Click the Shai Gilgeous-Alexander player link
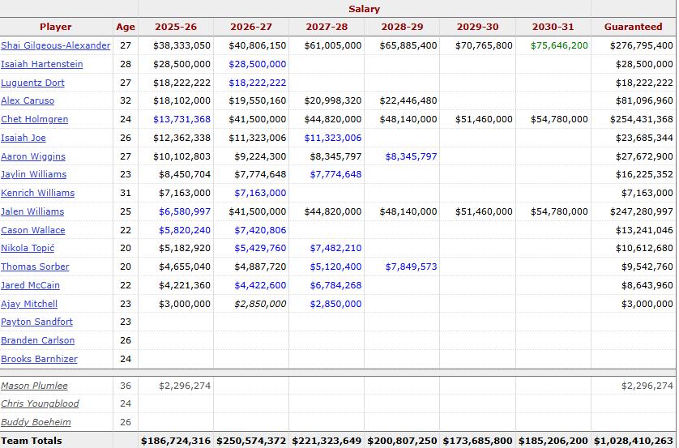(55, 45)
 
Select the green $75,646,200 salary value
(559, 45)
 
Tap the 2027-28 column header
(327, 27)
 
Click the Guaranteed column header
(633, 27)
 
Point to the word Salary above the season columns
(364, 9)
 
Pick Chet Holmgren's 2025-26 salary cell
(181, 119)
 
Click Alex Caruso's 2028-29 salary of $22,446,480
(408, 100)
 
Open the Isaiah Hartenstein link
(42, 64)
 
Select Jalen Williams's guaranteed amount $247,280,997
(642, 211)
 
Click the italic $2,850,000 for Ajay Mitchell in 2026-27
(260, 304)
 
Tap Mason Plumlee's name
(34, 386)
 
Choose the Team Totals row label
(32, 441)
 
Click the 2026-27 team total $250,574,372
(251, 441)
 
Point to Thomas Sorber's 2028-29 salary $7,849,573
(411, 267)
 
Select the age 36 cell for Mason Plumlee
(126, 386)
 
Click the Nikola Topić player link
(28, 248)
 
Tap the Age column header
(126, 27)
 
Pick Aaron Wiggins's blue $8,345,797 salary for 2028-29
(411, 156)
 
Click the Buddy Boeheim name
(36, 422)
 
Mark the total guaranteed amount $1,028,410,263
(633, 441)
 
